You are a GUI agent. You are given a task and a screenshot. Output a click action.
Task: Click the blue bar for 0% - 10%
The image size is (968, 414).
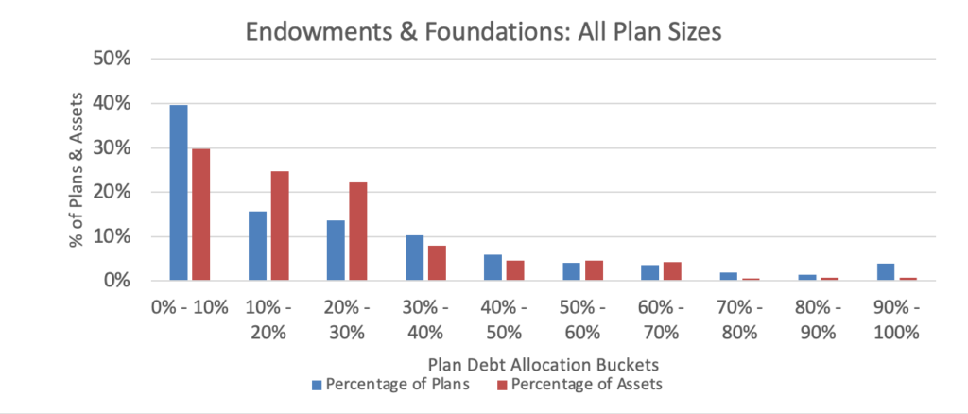[179, 193]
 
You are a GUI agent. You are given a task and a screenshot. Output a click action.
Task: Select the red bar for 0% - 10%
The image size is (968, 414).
[200, 215]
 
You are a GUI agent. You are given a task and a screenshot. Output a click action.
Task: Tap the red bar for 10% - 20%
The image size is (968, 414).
[279, 226]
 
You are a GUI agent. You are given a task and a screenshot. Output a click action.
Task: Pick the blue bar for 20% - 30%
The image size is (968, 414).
[336, 250]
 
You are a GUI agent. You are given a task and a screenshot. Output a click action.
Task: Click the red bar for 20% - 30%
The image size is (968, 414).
[357, 232]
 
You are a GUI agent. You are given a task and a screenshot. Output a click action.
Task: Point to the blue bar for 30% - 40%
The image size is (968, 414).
[414, 258]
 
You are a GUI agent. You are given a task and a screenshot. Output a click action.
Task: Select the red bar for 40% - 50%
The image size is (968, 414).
[515, 270]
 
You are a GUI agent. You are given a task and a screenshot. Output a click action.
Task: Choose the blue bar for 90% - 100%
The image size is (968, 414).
[885, 272]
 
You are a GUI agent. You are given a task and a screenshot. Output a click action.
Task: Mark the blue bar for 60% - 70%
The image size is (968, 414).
[649, 273]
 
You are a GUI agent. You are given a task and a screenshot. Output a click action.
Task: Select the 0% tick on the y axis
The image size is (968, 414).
[130, 281]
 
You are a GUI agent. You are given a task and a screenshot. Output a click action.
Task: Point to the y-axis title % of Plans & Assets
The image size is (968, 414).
[78, 170]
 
